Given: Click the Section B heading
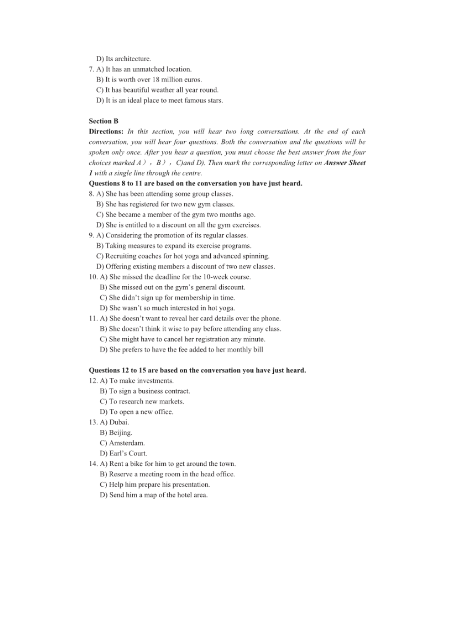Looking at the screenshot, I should (x=104, y=121).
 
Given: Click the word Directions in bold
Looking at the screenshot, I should (x=106, y=132).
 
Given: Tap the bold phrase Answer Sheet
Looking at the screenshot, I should (x=344, y=163).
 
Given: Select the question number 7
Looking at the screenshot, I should (x=91, y=69).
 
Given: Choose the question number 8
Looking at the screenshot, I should (x=91, y=194).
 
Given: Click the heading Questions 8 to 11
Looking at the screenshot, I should (x=195, y=184).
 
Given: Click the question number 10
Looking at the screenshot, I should (x=93, y=277).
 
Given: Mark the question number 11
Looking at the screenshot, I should (x=93, y=319).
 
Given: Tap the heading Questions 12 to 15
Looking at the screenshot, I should (x=197, y=371).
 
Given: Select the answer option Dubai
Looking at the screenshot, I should (x=119, y=423).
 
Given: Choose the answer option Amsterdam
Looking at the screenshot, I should (x=126, y=443).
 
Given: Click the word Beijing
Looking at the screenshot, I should (x=120, y=433).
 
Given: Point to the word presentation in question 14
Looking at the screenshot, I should (x=191, y=485).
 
